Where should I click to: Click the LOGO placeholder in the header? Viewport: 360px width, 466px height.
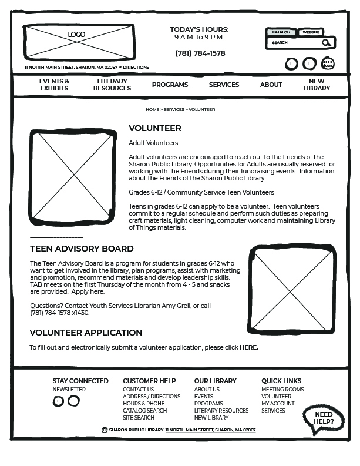coord(78,42)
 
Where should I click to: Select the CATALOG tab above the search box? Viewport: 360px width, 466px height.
coord(281,32)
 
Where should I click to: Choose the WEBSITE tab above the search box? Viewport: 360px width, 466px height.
coord(311,32)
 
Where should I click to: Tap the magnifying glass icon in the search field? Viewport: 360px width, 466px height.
coord(327,43)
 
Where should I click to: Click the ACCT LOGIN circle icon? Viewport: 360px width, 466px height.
coord(328,63)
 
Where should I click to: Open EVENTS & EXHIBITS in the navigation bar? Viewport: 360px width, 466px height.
coord(54,85)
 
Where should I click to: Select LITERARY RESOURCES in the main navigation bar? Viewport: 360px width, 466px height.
coord(112,85)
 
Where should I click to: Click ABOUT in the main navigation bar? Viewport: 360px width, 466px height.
coord(271,85)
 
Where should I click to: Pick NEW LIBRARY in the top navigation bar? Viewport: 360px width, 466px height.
coord(317,85)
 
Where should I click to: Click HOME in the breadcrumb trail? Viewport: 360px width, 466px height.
coord(152,110)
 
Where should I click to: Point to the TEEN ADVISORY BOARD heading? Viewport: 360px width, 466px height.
coord(82,249)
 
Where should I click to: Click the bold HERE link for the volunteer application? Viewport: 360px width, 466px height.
coord(248,348)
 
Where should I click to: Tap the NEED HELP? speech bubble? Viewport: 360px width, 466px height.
coord(324,418)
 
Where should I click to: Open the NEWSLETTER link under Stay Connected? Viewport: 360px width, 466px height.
coord(69,390)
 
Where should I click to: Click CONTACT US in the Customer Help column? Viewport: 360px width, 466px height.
coord(138,390)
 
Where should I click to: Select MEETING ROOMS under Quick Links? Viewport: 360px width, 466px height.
coord(282,390)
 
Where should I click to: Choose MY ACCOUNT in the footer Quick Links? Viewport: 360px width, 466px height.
coord(278,404)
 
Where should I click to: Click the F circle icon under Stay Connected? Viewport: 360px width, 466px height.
coord(58,401)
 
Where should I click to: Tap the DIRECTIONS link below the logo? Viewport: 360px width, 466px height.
coord(136,68)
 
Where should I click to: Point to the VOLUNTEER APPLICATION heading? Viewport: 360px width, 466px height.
coord(86,333)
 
